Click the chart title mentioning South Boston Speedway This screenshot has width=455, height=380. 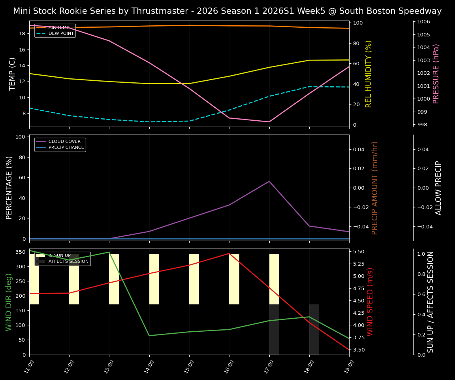tap(227, 11)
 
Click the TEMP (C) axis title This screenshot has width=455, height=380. tap(12, 74)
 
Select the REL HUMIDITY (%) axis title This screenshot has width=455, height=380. tap(369, 74)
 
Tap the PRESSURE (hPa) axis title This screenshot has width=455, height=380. tap(436, 74)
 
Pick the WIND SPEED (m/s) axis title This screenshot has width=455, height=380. tap(370, 302)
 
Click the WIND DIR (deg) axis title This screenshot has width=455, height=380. tap(9, 302)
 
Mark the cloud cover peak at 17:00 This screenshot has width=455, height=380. tap(269, 181)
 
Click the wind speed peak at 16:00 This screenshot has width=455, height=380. tap(229, 253)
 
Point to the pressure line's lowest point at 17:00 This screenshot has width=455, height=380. tap(269, 122)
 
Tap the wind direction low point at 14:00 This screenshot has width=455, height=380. tap(149, 336)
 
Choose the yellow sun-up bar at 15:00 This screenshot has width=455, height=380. tap(194, 279)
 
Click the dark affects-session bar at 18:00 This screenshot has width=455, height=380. tap(314, 329)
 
